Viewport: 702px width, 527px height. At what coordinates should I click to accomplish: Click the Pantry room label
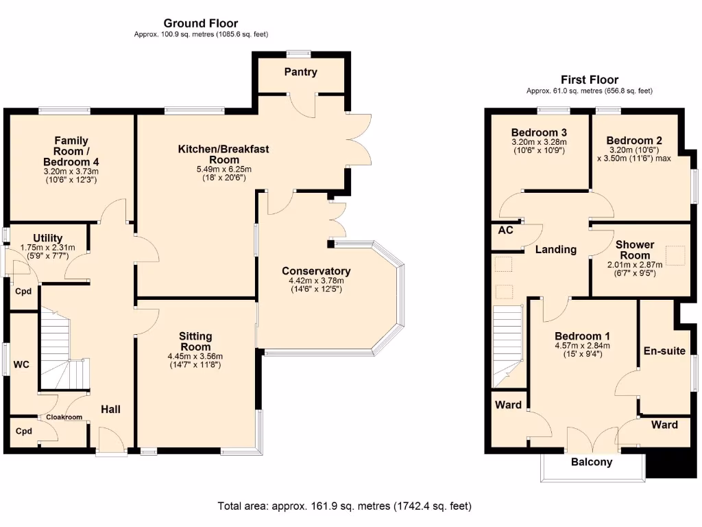coord(301,72)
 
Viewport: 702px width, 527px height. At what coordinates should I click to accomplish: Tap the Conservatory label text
coord(316,271)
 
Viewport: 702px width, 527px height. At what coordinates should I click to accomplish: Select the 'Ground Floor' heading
coord(201,23)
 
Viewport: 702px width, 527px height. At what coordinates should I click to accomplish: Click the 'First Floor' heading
coord(589,80)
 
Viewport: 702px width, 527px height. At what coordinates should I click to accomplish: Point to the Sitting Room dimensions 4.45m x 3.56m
coord(195,356)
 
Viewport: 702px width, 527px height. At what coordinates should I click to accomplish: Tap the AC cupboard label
coord(505,231)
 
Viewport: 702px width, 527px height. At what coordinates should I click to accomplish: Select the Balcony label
coord(592,462)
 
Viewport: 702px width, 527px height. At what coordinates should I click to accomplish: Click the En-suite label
coord(664,351)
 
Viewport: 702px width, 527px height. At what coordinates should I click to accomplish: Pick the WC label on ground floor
coord(21,365)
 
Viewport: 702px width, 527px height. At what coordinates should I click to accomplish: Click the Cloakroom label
coord(64,417)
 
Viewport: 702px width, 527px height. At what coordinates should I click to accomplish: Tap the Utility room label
coord(48,238)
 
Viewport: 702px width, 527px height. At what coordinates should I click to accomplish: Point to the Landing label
coord(555,250)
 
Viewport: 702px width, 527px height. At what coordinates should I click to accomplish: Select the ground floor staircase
coord(62,350)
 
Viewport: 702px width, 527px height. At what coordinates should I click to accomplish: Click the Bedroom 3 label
coord(539,132)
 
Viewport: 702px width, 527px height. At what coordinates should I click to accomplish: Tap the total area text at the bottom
coord(344,506)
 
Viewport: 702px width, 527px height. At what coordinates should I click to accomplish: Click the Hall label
coord(111,410)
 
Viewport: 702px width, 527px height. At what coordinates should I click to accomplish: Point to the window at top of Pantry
coord(298,53)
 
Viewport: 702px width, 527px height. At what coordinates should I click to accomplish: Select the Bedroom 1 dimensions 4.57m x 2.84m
coord(581,346)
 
